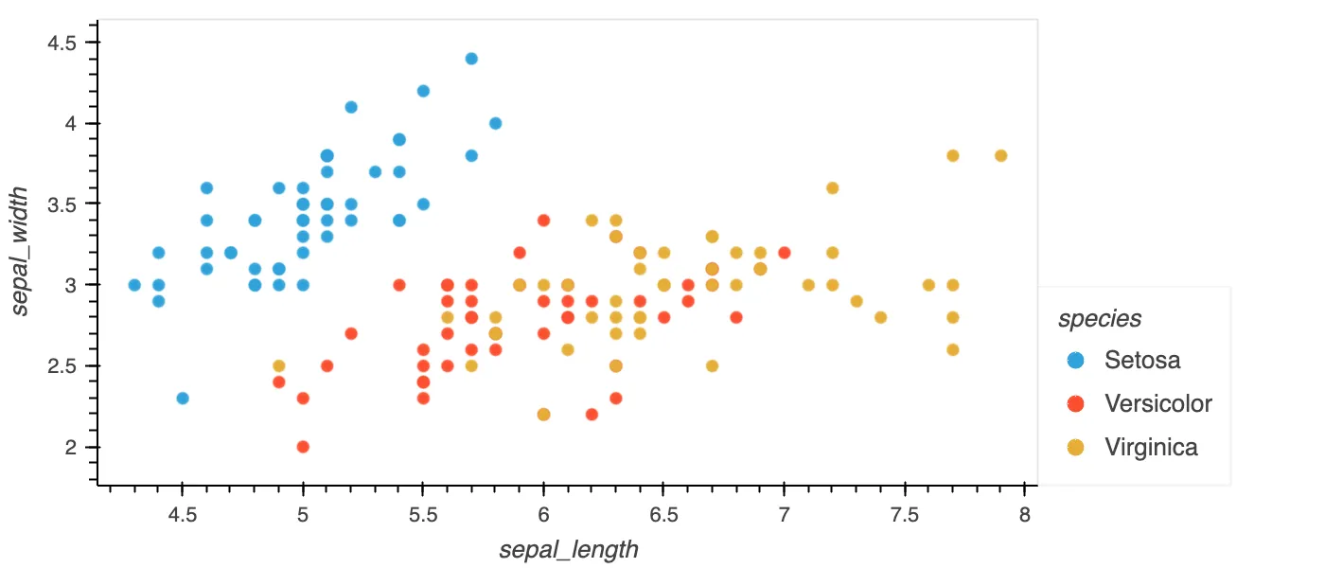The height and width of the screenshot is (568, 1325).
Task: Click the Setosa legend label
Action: (x=1142, y=360)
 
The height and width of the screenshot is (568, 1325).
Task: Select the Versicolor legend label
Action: (x=1158, y=403)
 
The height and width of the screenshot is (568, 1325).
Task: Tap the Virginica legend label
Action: (x=1151, y=447)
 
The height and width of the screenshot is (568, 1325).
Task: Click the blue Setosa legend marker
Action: (x=1075, y=360)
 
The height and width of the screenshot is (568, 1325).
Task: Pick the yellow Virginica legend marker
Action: (x=1075, y=447)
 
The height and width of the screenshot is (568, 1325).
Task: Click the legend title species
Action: (x=1100, y=319)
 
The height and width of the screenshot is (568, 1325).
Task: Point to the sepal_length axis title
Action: (x=569, y=550)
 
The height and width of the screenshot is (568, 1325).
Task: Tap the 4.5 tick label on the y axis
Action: (x=64, y=43)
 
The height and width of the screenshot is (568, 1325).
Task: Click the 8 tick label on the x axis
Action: (x=1025, y=514)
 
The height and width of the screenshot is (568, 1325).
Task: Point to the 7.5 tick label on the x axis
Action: (x=905, y=514)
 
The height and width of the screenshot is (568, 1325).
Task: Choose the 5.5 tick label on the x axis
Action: (x=423, y=514)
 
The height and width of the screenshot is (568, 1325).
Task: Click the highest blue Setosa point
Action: (x=471, y=59)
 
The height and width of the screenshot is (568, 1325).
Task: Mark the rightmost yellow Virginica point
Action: (x=1000, y=155)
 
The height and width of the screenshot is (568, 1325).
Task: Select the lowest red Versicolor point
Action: (x=303, y=447)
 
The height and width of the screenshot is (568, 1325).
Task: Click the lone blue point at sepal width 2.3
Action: (x=183, y=398)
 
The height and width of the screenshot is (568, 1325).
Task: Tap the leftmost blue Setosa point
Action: (x=134, y=285)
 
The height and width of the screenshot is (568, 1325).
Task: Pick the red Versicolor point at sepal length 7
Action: (x=785, y=253)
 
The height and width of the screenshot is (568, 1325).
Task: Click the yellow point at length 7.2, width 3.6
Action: (x=832, y=188)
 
